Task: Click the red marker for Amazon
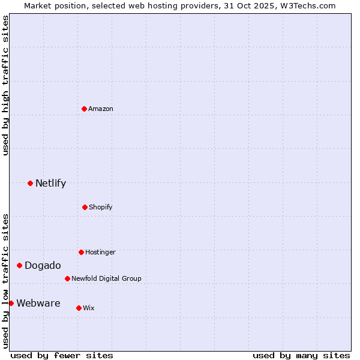coord(84,109)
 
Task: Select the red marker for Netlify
coord(30,183)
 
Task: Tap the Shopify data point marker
coord(85,207)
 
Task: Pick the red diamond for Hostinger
coord(81,252)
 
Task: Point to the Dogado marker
coord(19,265)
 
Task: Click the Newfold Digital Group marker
coord(67,278)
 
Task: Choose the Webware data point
coord(11,303)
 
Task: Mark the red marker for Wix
coord(79,308)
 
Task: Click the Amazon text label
coord(101,109)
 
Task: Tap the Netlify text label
coord(50,183)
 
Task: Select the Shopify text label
coord(101,207)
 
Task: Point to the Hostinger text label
coord(100,252)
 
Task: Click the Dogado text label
coord(43,265)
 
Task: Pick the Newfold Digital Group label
coord(106,278)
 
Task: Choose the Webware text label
coord(38,303)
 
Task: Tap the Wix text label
coord(89,308)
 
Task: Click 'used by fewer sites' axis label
coord(62,355)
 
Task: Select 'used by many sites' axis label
coord(301,355)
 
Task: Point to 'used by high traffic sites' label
coord(5,85)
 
